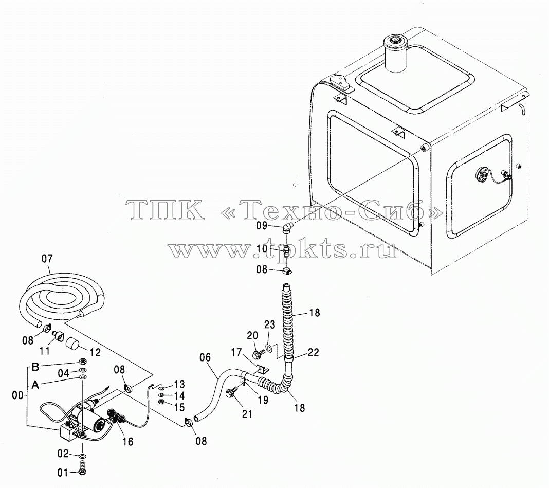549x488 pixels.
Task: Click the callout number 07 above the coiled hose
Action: point(47,259)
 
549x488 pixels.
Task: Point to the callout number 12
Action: point(95,352)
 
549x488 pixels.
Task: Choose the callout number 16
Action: point(128,441)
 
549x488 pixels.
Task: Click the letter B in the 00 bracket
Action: point(35,367)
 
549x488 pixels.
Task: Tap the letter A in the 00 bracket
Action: point(35,385)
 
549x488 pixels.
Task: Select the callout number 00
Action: point(18,395)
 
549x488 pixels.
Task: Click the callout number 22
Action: point(313,352)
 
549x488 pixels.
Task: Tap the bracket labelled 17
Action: point(262,369)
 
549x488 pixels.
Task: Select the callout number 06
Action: point(205,357)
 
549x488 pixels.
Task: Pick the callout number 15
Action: point(179,407)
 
